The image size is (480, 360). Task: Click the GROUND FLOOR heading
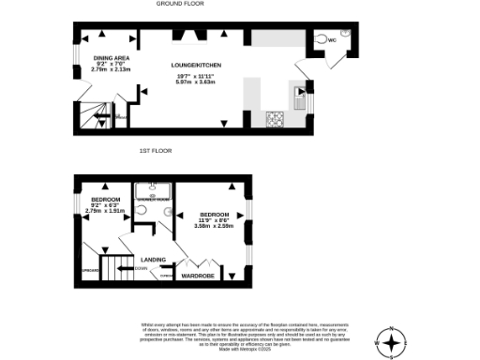point(181,4)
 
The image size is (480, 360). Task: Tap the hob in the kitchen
point(276,119)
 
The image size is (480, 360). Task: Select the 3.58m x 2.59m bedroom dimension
point(213,226)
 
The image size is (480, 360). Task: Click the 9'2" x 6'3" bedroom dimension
point(104,205)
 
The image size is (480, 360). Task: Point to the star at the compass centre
point(392,344)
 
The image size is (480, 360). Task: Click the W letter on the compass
point(377,344)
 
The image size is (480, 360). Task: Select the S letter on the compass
point(392,357)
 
